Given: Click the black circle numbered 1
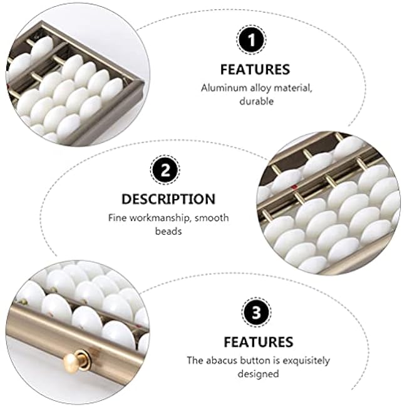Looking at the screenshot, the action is [251, 40].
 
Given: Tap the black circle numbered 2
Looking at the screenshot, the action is [165, 170].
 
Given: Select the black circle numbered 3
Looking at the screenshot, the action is [257, 312].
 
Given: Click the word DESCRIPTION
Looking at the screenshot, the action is [168, 199].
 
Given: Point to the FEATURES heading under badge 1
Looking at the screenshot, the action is [255, 70].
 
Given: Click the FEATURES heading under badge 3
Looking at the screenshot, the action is [258, 342].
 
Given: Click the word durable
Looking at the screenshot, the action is [257, 101].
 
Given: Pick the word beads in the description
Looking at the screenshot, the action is [168, 231].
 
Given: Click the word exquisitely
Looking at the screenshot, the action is [306, 361].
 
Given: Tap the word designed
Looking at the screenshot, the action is [258, 374].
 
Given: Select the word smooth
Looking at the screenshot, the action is [212, 217].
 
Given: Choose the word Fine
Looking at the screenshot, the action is [118, 217].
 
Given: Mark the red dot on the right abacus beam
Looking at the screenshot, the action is [294, 187].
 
